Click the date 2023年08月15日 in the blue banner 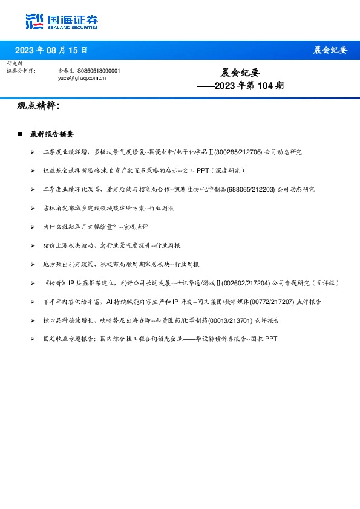51,50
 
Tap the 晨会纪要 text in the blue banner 330,50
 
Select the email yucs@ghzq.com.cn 82,78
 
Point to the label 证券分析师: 21,71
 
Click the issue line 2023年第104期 240,86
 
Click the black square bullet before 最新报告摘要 21,134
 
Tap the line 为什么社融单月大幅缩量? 95,227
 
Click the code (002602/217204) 249,283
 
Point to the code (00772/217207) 269,302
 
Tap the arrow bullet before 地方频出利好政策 33,264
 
